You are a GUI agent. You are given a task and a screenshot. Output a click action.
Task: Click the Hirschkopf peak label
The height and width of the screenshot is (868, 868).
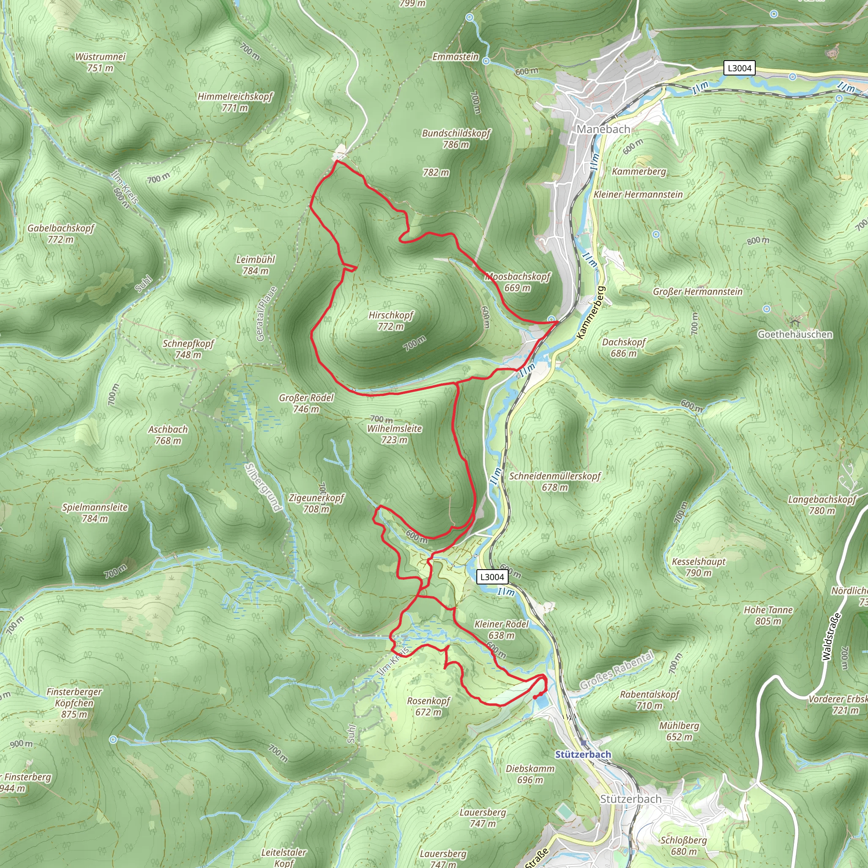pos(390,320)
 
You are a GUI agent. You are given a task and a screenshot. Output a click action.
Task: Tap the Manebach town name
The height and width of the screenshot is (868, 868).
pos(604,129)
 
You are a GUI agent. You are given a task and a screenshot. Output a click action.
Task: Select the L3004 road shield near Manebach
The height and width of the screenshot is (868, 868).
pos(739,68)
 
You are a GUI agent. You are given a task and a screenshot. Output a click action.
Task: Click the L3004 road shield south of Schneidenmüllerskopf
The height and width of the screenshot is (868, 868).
pos(492,577)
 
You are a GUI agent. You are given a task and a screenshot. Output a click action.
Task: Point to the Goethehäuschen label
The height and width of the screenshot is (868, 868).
pos(795,334)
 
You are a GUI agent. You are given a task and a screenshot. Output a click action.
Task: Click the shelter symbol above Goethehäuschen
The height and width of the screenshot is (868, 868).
pos(795,322)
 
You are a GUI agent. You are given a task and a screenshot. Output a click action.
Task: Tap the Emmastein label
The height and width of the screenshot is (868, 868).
pos(455,57)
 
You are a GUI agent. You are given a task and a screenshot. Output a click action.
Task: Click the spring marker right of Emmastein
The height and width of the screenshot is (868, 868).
pos(486,61)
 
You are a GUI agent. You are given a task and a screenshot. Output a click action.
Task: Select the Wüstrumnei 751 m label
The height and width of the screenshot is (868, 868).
pos(100,62)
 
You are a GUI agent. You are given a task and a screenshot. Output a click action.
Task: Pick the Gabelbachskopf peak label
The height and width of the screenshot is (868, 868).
pos(61,234)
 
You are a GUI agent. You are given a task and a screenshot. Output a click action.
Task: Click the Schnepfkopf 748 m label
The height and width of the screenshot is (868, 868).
pos(188,349)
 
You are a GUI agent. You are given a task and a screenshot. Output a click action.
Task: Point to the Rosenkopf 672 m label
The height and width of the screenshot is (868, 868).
pos(428,706)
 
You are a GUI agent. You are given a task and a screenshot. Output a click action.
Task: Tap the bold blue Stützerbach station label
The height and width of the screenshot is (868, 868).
pos(583,754)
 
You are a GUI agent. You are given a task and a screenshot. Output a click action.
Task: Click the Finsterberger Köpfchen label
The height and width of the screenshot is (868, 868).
pos(75,703)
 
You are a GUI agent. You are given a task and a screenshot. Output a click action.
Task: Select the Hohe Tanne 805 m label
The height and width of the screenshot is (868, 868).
pos(768,615)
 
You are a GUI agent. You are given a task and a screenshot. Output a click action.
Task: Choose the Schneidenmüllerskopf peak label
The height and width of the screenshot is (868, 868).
pos(554,481)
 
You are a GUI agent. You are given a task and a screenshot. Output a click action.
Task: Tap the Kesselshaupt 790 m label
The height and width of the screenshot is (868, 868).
pos(698,567)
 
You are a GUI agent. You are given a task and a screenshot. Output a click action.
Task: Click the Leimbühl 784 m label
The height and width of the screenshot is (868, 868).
pos(256,265)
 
